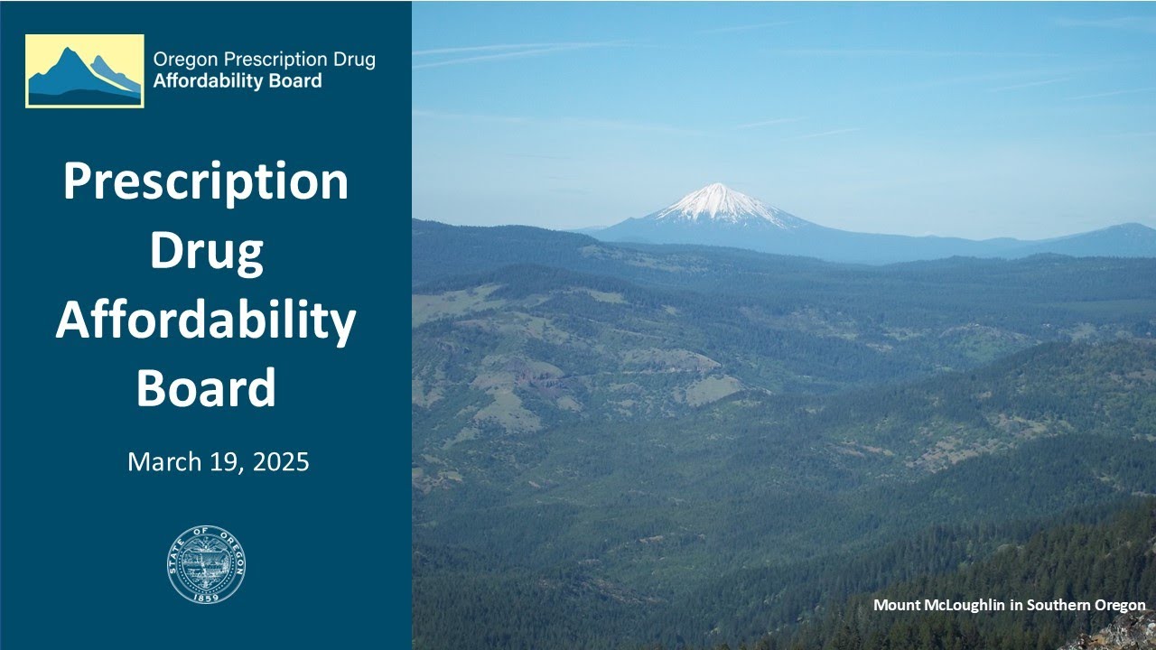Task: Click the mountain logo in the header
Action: (x=84, y=71)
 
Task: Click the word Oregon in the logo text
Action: (x=180, y=60)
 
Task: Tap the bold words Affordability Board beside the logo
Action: (x=238, y=81)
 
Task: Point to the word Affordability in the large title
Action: (x=206, y=320)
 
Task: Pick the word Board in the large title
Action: (x=206, y=388)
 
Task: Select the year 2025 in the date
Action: (x=281, y=462)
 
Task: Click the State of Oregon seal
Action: (x=206, y=564)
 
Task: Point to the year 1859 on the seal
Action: (x=206, y=597)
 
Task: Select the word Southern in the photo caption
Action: (x=1059, y=605)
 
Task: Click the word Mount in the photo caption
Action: (x=897, y=605)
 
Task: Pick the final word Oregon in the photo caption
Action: (x=1122, y=605)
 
